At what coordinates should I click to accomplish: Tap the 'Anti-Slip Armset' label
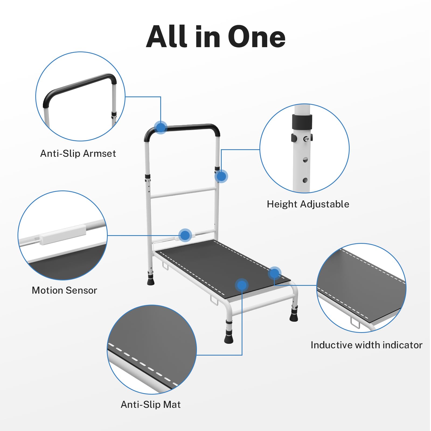click(x=78, y=154)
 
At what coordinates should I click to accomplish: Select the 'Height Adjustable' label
click(x=308, y=204)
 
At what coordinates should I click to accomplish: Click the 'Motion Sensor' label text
click(x=64, y=290)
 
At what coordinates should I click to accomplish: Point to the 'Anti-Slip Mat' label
click(x=151, y=404)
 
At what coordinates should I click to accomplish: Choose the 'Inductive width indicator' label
click(x=366, y=345)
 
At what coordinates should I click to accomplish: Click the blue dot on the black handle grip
click(x=161, y=127)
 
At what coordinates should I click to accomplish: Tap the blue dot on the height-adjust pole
click(x=221, y=176)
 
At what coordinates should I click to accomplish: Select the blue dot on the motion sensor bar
click(x=185, y=235)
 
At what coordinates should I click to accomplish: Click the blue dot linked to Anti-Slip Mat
click(x=242, y=285)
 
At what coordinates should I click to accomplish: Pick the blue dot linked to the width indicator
click(x=274, y=273)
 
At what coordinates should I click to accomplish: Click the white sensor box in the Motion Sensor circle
click(x=63, y=234)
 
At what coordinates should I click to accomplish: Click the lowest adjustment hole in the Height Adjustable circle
click(x=305, y=180)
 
